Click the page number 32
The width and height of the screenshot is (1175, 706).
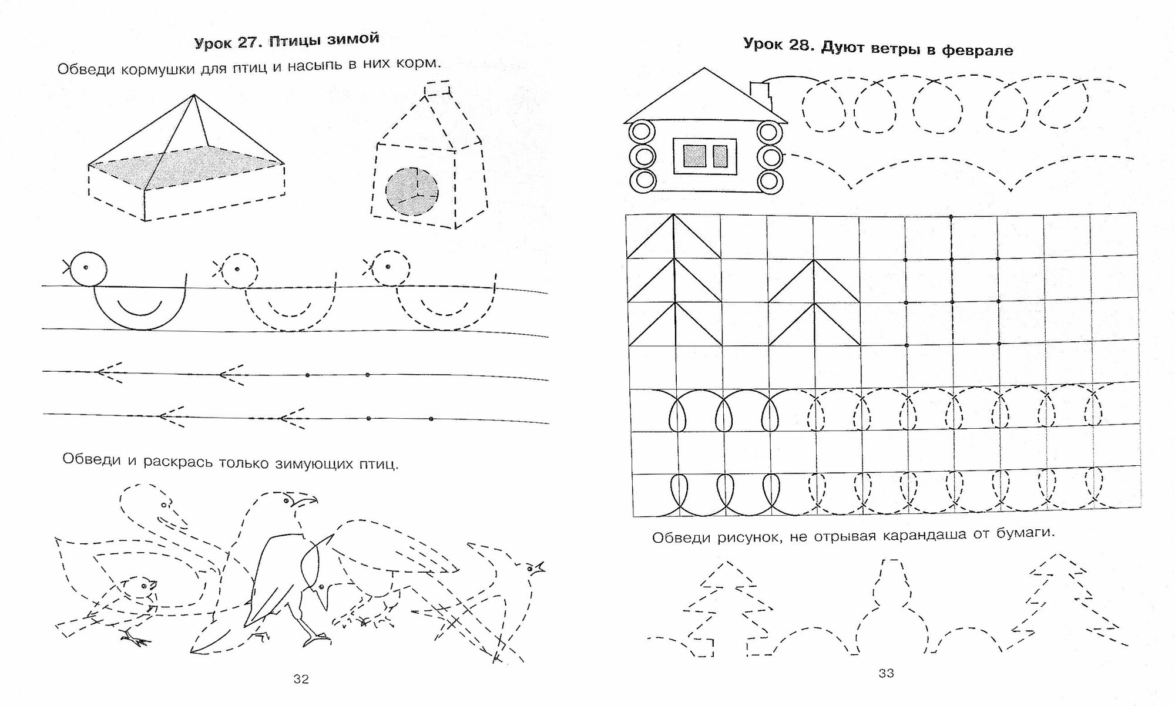[301, 679]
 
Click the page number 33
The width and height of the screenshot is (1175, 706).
[886, 674]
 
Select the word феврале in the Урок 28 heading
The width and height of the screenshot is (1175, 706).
[977, 50]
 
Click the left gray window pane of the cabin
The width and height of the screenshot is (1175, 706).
[693, 156]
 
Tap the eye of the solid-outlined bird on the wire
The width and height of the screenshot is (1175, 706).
[86, 267]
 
